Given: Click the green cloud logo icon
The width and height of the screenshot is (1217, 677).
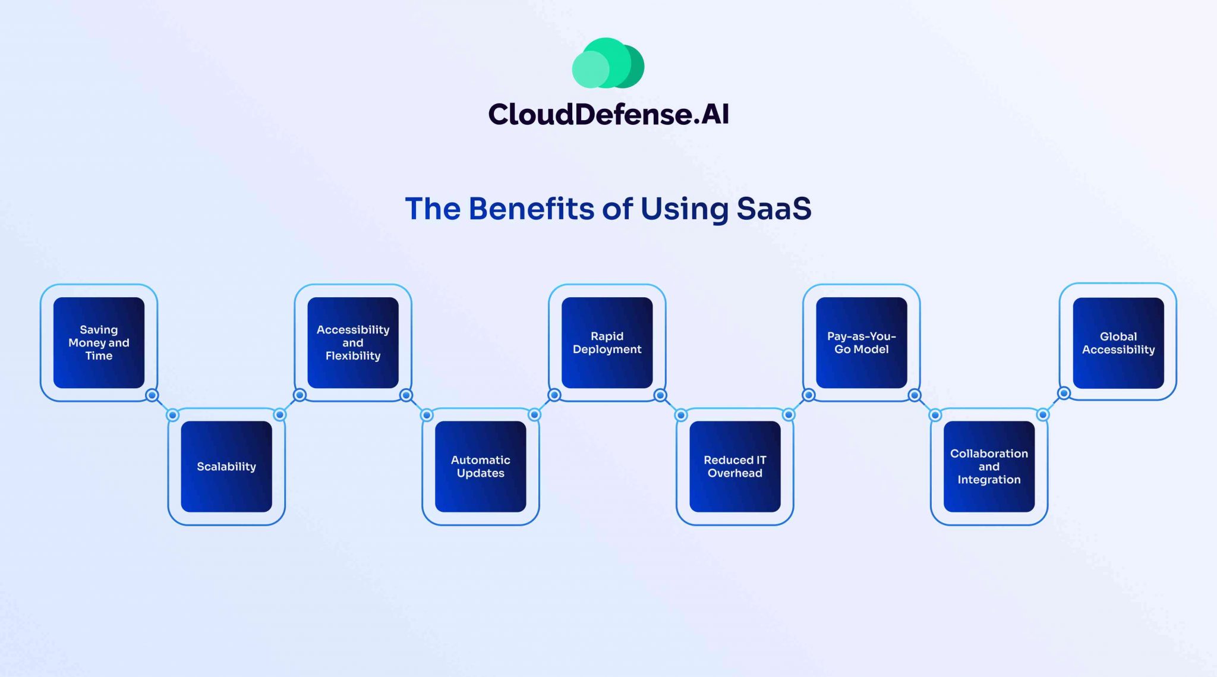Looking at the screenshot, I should pos(608,64).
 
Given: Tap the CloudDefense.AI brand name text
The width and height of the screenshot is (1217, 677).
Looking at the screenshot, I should pos(608,114).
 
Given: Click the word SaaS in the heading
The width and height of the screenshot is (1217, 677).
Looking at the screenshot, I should pos(774,209).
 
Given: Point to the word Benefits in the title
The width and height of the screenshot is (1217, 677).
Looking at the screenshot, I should pos(531,209).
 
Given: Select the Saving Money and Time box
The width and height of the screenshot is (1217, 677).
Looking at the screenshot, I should pos(99,343).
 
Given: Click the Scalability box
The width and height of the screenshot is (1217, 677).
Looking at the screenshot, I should pos(226,467).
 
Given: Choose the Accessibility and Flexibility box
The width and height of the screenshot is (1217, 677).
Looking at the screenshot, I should pos(353,343).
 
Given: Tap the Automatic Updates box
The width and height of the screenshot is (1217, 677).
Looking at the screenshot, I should pos(480,467).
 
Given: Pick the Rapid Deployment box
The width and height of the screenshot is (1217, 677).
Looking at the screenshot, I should pos(607,343).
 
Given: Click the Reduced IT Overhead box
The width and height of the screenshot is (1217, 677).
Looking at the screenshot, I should pos(734,467).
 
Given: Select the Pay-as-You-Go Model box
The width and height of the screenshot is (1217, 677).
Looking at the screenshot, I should pos(861,343).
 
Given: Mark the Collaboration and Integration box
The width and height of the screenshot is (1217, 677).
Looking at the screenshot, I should pos(989,467).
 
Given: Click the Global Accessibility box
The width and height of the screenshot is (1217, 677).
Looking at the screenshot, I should pos(1118,343).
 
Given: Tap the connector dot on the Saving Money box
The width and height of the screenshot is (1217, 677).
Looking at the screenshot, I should pos(152,395).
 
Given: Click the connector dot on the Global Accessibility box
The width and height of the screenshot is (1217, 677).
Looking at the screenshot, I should pos(1064,393).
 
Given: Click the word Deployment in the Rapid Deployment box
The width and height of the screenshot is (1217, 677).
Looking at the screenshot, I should pos(607,349).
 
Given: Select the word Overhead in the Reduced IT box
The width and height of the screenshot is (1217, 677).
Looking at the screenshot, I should pos(734,474).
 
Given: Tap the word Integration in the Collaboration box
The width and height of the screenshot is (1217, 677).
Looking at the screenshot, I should pos(989,480).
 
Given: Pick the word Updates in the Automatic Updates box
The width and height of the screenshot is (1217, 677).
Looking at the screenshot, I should pos(480,474).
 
